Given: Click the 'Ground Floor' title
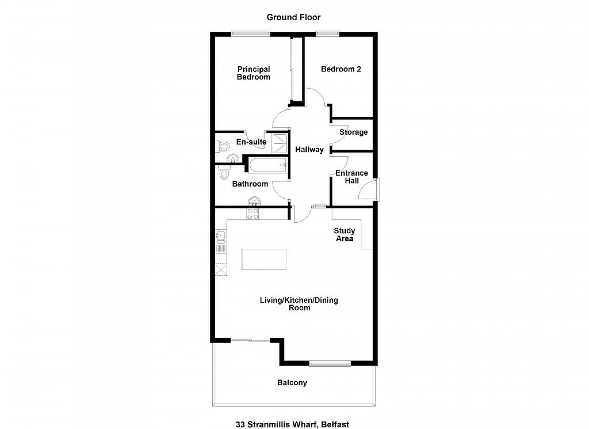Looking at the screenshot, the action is point(293,17).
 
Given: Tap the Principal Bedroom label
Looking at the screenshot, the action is point(254,73).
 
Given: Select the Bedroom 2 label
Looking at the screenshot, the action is point(341,69).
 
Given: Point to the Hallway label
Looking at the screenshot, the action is point(309,150).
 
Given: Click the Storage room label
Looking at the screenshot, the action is point(353,132).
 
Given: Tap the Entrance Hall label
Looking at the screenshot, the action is point(352,177).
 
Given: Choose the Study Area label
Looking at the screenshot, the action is point(345,235).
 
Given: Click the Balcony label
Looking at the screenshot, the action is point(292,383).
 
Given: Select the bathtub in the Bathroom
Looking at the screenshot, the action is point(267,165).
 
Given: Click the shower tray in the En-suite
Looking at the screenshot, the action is point(279,143).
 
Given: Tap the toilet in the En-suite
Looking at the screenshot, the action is point(222,146).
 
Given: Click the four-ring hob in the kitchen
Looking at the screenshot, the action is point(253,214).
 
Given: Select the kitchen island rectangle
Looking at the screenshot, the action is point(264,259).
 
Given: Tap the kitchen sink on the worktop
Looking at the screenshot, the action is point(221,237).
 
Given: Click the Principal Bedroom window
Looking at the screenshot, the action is point(251,34).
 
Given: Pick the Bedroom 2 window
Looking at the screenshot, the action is point(327,34).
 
